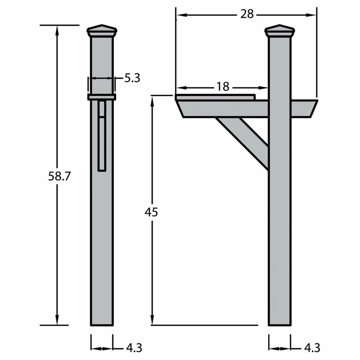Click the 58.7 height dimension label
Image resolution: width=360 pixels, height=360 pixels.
59,176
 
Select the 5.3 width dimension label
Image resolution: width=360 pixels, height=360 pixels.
132,78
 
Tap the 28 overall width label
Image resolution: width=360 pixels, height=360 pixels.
247,14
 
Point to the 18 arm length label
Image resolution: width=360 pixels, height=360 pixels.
223,86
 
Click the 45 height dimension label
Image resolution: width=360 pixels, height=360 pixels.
151,212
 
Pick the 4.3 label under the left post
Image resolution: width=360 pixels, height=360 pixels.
134,348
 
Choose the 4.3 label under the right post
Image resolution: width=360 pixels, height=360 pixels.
312,348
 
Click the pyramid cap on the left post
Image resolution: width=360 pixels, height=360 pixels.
102,31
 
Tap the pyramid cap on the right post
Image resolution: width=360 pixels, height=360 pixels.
279,31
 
